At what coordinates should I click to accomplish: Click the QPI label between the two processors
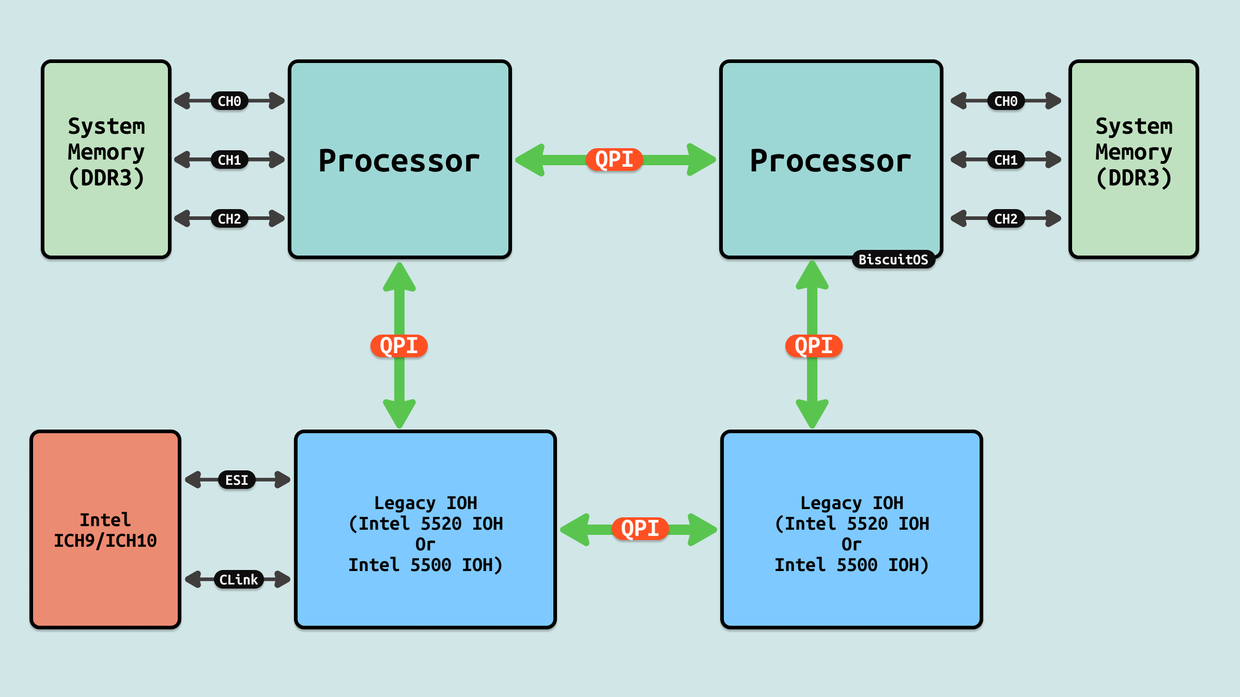614,160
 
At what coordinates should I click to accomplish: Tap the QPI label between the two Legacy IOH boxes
640,529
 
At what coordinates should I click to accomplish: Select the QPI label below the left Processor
399,346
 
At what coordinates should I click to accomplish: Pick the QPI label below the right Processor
814,346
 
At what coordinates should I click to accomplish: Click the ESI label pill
237,480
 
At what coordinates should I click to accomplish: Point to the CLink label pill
238,580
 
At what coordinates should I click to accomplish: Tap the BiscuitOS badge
893,260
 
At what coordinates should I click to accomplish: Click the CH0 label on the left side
229,101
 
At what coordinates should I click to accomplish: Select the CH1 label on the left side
229,160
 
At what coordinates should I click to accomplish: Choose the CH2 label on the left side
229,219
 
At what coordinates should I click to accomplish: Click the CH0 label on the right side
1006,101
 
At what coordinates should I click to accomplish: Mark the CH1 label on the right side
1006,160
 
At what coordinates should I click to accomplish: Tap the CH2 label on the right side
1006,219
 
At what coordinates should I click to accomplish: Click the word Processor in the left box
399,161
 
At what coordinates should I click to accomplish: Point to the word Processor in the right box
831,161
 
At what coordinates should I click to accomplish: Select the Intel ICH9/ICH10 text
105,530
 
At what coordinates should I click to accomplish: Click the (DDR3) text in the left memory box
106,178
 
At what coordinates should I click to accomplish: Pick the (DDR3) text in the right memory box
1134,178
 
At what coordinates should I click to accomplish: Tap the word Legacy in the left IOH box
405,503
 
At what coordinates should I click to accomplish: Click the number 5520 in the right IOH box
867,524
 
